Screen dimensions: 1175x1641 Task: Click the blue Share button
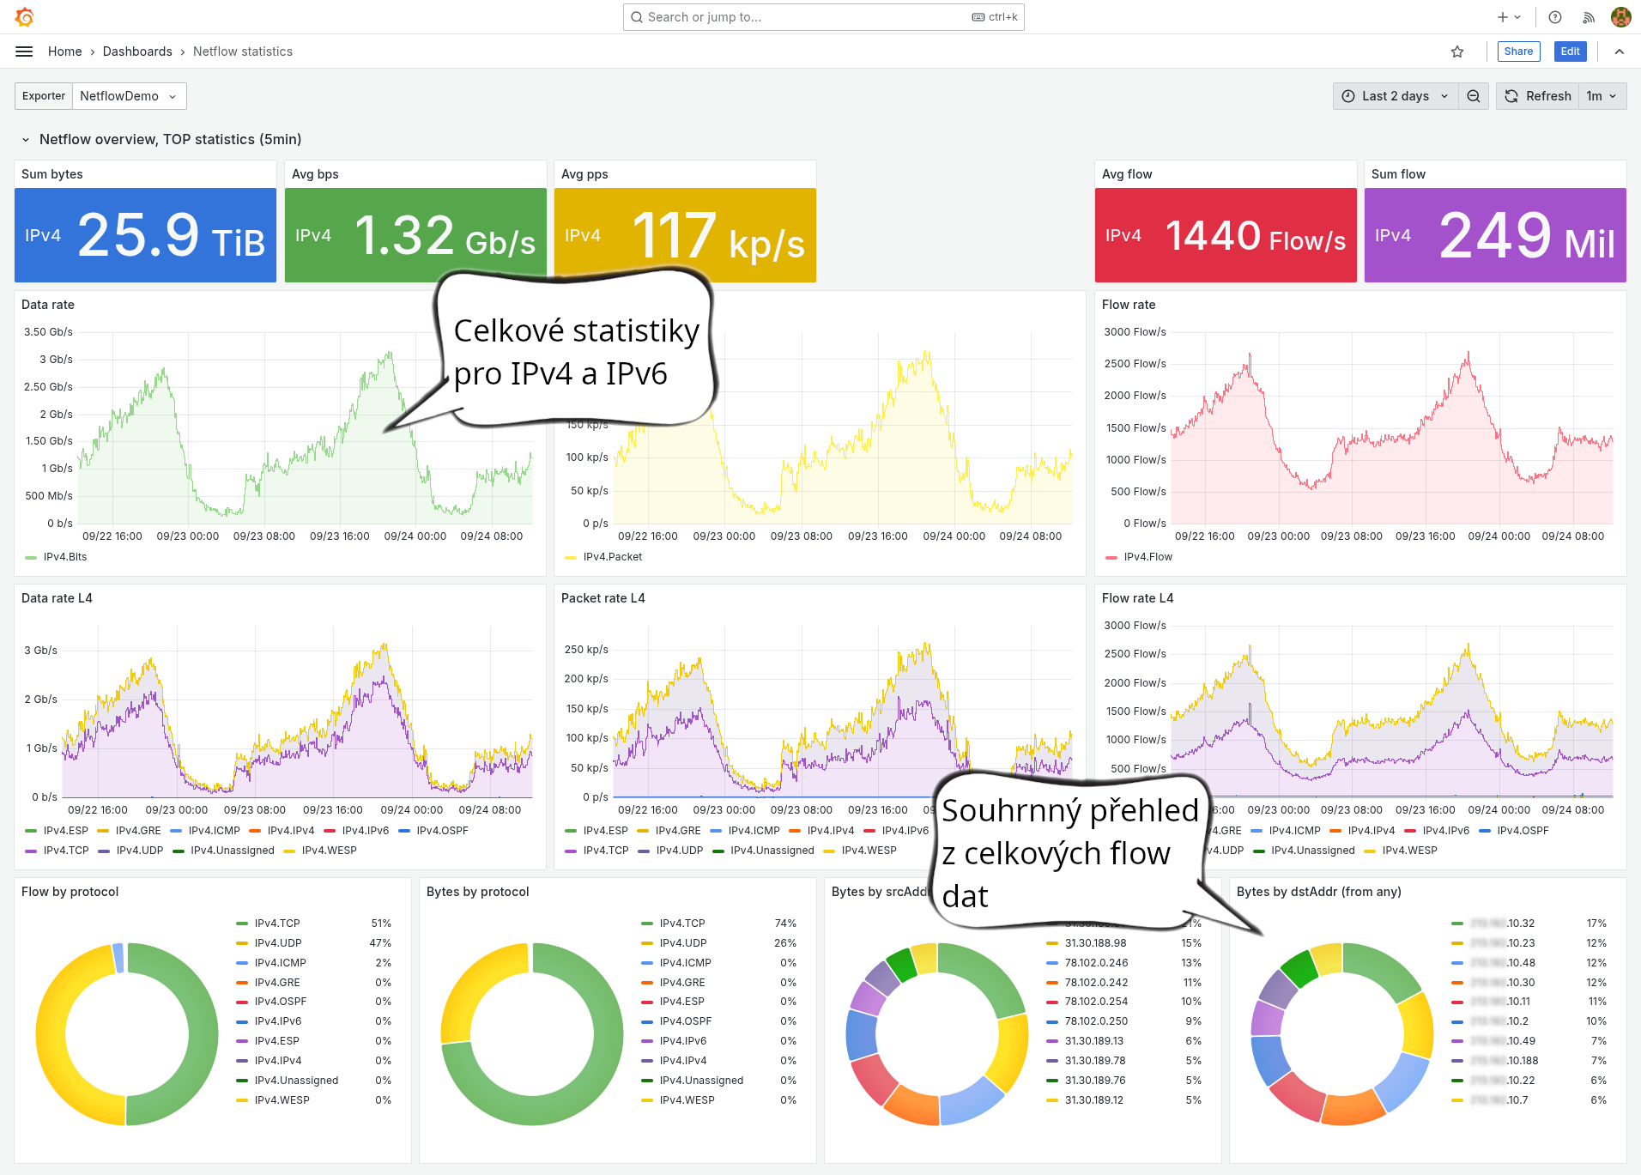[x=1517, y=51]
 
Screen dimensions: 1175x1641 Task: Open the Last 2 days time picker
[x=1395, y=96]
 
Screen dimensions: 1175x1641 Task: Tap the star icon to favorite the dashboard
[x=1457, y=51]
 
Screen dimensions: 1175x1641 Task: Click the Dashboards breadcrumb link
[x=137, y=51]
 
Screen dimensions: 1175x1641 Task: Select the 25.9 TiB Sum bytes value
[x=171, y=236]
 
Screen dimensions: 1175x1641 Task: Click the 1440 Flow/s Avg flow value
[x=1255, y=236]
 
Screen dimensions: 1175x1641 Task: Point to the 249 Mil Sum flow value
[x=1526, y=236]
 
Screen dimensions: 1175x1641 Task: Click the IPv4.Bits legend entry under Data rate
[x=65, y=557]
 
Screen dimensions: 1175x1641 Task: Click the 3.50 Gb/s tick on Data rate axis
[x=48, y=332]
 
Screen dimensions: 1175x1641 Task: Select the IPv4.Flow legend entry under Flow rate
[x=1147, y=557]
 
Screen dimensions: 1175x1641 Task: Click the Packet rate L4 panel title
[x=603, y=598]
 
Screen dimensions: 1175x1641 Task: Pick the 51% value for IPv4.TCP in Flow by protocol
[x=380, y=924]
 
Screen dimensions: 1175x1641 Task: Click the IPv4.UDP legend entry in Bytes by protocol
[x=682, y=943]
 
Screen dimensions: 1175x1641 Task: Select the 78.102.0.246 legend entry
[x=1096, y=963]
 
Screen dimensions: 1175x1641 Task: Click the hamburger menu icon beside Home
[x=24, y=51]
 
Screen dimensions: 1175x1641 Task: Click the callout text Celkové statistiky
[x=576, y=330]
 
